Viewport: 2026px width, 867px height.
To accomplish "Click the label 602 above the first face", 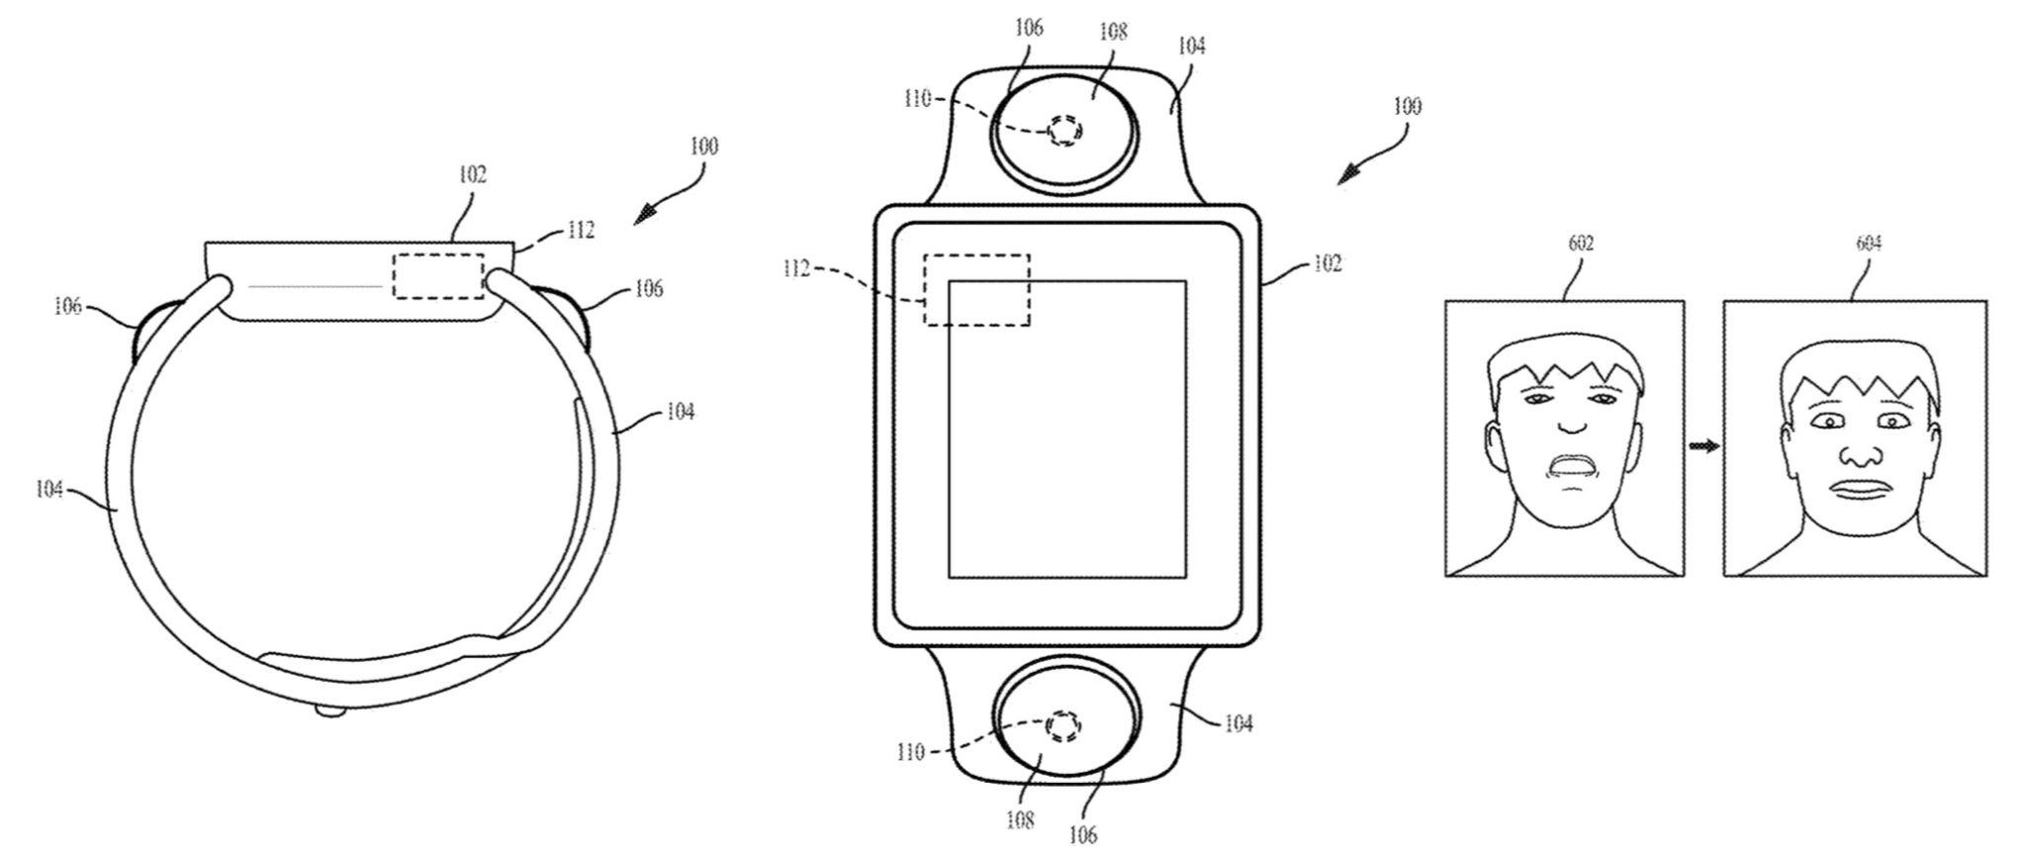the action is pyautogui.click(x=1581, y=243).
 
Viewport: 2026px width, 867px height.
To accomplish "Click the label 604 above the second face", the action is pyautogui.click(x=1869, y=243).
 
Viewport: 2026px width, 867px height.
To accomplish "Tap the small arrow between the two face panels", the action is pyautogui.click(x=1704, y=446).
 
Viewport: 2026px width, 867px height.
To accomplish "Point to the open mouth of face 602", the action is pyautogui.click(x=1572, y=465).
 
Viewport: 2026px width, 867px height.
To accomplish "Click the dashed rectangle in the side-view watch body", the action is pyautogui.click(x=438, y=276).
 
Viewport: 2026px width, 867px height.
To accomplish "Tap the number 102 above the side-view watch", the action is pyautogui.click(x=472, y=175).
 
